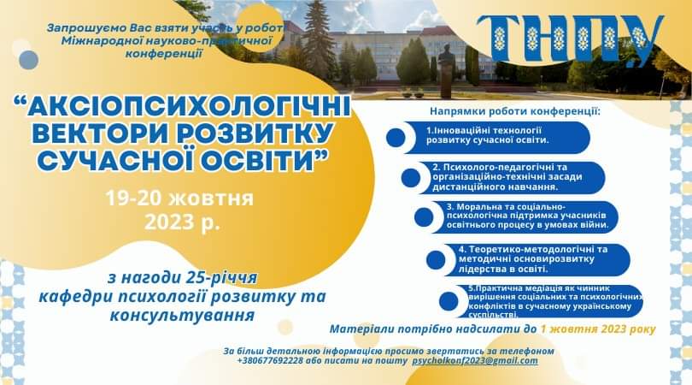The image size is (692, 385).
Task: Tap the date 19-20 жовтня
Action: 179,198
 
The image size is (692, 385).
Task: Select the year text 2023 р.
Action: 182,224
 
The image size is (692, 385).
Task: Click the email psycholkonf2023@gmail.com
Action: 475,361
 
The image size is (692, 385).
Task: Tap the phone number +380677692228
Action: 273,361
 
